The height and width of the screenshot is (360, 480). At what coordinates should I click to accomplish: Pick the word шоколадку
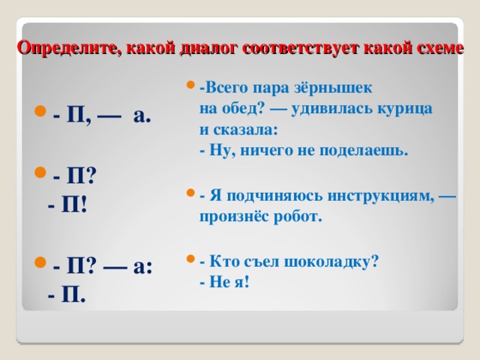[x=328, y=262]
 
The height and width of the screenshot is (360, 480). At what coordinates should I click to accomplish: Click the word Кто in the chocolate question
[x=221, y=261]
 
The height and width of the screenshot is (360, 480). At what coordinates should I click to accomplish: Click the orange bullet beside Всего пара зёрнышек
[x=190, y=85]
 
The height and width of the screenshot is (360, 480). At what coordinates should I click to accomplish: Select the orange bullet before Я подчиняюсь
[x=190, y=193]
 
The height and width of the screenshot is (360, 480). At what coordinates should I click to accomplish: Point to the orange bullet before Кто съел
[x=190, y=259]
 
